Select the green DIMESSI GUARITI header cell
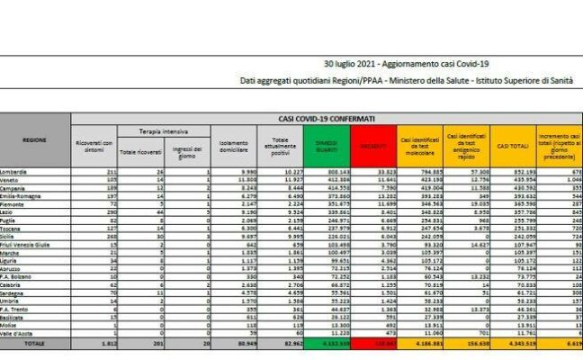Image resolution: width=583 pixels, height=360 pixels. click(x=321, y=144)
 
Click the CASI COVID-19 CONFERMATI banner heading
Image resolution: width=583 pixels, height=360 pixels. click(x=327, y=119)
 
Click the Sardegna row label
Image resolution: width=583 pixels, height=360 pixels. click(x=17, y=292)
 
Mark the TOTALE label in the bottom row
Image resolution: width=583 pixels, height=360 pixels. click(x=36, y=343)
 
